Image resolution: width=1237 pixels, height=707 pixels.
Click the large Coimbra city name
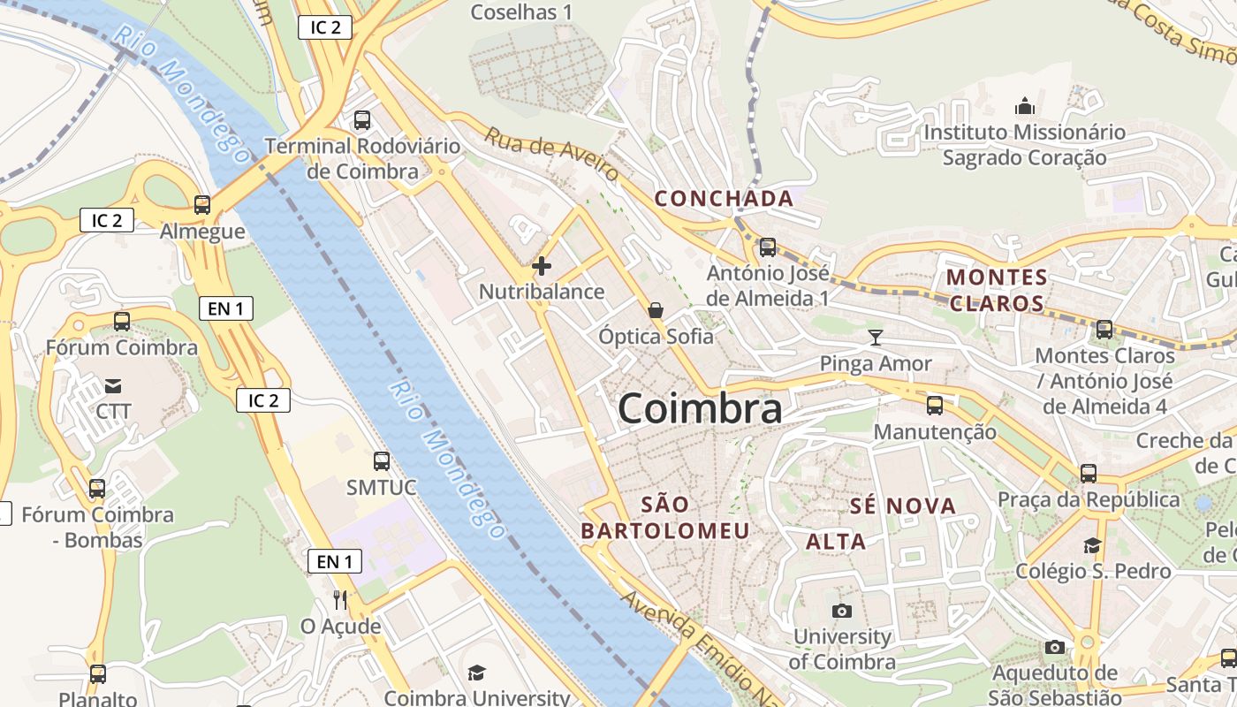coord(700,408)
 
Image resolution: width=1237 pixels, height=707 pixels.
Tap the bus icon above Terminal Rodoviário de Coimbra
coord(361,120)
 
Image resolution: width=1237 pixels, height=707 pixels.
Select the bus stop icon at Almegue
coord(202,205)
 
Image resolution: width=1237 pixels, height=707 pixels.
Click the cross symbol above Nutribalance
coord(542,265)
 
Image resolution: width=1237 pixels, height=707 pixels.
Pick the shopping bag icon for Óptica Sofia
coord(656,310)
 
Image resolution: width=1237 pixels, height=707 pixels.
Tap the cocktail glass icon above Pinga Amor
coord(875,337)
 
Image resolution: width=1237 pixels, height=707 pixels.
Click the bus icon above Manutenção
coord(934,406)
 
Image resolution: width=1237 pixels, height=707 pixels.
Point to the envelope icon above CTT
coord(113,385)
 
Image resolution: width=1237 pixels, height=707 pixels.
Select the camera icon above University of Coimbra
coord(842,611)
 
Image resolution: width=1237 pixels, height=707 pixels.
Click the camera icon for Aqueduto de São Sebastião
coord(1054,648)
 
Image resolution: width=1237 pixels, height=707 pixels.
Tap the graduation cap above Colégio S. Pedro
coord(1093,545)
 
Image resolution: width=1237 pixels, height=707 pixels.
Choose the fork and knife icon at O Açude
coord(340,600)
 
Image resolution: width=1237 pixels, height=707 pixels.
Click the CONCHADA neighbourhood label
coord(724,199)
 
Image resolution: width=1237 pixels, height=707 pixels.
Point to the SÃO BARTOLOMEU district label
coord(665,518)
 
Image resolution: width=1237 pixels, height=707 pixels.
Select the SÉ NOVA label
coord(903,506)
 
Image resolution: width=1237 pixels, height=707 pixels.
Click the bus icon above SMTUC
coord(381,460)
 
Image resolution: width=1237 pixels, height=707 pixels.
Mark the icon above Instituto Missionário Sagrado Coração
coord(1025,107)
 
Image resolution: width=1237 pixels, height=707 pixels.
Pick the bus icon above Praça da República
coord(1088,473)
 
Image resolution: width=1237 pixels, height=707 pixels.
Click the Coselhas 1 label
coord(521,12)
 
